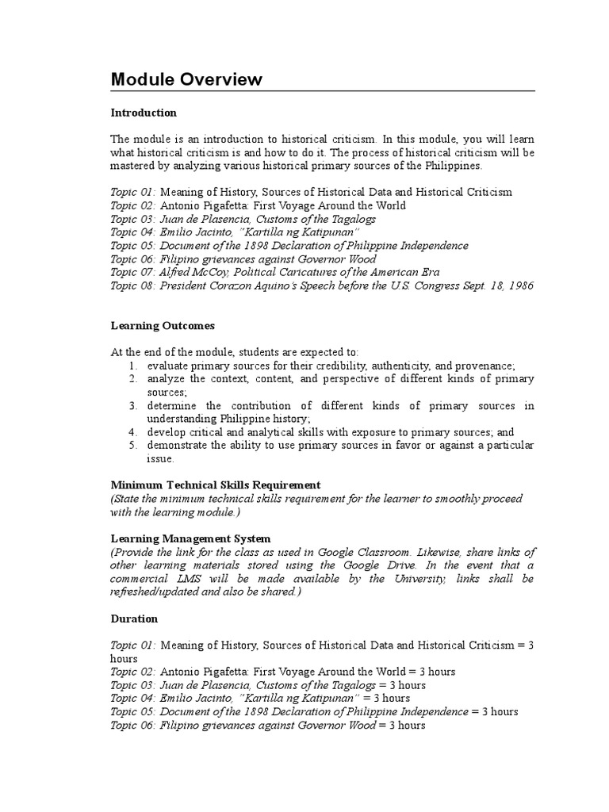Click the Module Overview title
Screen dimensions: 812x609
pos(186,79)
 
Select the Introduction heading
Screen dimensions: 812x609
pos(144,113)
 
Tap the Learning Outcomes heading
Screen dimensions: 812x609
pos(162,326)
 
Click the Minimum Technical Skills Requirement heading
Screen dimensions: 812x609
pos(215,485)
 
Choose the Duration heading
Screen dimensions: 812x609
pos(134,619)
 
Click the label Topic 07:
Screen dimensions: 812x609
pos(133,272)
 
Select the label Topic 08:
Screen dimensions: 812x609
pos(133,285)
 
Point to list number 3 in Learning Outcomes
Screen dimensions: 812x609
pos(134,406)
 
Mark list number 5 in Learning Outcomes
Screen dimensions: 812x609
pos(134,446)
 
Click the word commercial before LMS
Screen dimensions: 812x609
pos(140,579)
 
